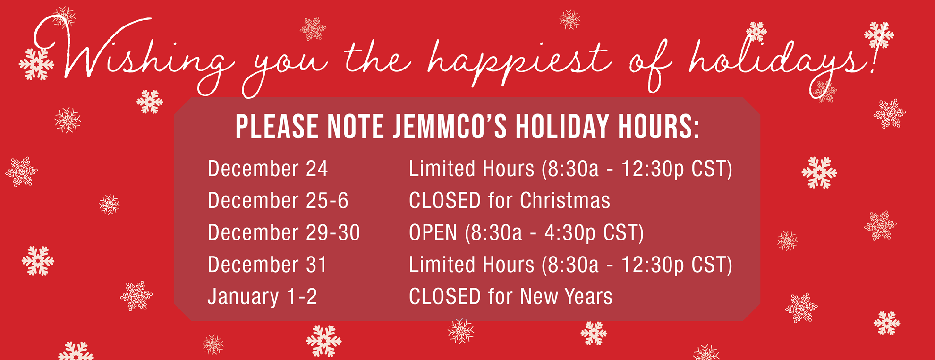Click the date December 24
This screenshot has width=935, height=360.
point(268,169)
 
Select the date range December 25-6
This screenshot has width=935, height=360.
point(278,200)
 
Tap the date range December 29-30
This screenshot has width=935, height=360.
point(284,232)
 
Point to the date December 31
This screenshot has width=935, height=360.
point(267,264)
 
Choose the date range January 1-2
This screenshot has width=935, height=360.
point(263,297)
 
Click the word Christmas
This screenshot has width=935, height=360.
point(565,200)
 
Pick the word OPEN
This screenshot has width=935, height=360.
point(433,232)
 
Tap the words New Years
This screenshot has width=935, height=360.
point(566,296)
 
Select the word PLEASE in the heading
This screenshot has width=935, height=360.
point(277,127)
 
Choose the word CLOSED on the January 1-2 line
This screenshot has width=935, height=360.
point(445,296)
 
